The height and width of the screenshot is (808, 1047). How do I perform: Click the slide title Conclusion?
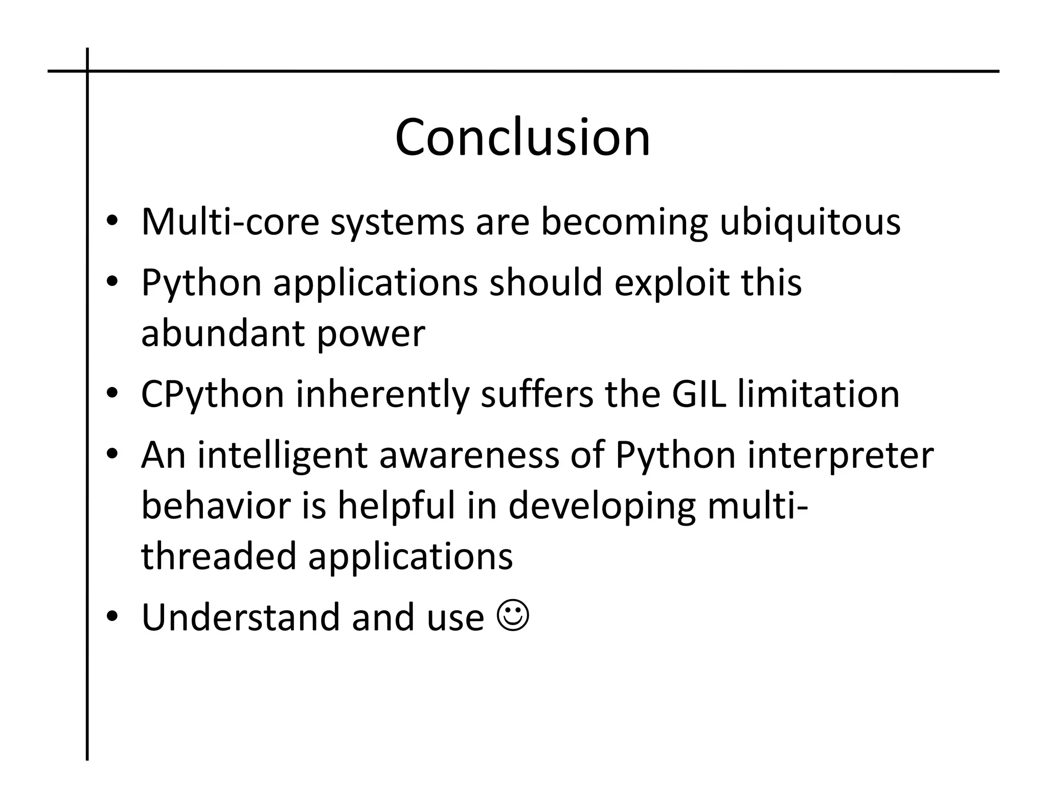point(522,137)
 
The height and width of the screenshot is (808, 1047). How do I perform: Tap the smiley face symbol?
point(512,616)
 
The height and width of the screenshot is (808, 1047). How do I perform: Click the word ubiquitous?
point(810,223)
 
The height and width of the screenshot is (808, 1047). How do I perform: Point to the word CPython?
point(212,395)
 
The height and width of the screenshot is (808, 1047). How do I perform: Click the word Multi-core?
point(230,223)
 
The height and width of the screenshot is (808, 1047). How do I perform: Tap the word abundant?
point(223,333)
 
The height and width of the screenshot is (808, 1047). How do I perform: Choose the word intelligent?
point(282,456)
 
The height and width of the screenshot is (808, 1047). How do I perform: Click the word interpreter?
point(840,456)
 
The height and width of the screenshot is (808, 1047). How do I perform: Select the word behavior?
point(216,506)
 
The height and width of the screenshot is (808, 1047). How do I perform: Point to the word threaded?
point(219,556)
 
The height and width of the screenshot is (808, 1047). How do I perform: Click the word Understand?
point(240,617)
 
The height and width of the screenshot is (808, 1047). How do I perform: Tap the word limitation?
point(818,394)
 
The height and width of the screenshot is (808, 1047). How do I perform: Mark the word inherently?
point(382,395)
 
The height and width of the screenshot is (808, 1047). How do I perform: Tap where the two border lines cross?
point(87,72)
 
